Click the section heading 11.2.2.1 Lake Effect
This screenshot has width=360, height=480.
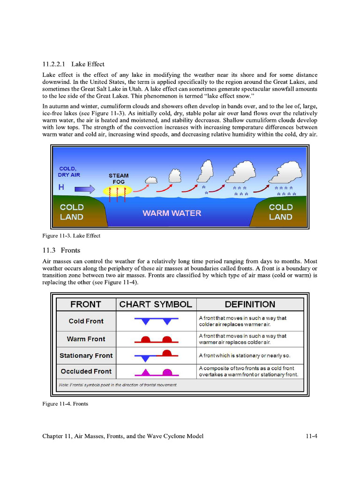[x=73, y=64]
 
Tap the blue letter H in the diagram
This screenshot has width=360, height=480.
[x=61, y=187]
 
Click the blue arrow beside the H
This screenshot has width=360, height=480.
[x=84, y=188]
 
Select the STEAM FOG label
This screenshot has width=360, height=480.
[x=119, y=179]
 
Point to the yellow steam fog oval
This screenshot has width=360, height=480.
[x=118, y=190]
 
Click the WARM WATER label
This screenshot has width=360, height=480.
[x=172, y=213]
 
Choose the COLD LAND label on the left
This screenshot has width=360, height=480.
[x=72, y=212]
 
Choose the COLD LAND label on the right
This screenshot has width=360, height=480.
[x=280, y=212]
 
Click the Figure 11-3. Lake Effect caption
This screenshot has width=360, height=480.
[x=71, y=236]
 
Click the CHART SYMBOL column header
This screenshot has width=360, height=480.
[x=156, y=304]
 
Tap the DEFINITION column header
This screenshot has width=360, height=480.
[x=250, y=304]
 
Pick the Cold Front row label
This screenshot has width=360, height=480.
[x=86, y=321]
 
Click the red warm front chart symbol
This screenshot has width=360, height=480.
[x=156, y=339]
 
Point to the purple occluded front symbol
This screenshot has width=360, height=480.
[x=156, y=373]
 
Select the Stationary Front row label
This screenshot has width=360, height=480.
[x=86, y=355]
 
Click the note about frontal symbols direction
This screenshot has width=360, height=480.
[x=118, y=385]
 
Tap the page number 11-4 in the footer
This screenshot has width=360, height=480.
[x=311, y=436]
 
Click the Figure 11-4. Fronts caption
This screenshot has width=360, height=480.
[x=65, y=404]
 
